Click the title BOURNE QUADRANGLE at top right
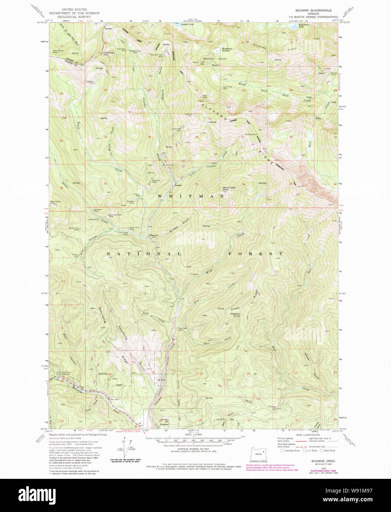[x=316, y=10]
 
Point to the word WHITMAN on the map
[x=191, y=197]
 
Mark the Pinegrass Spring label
[x=235, y=315]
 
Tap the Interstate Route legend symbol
[x=282, y=450]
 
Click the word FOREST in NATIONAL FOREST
[x=255, y=254]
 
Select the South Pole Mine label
[x=228, y=87]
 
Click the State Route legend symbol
[x=322, y=450]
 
